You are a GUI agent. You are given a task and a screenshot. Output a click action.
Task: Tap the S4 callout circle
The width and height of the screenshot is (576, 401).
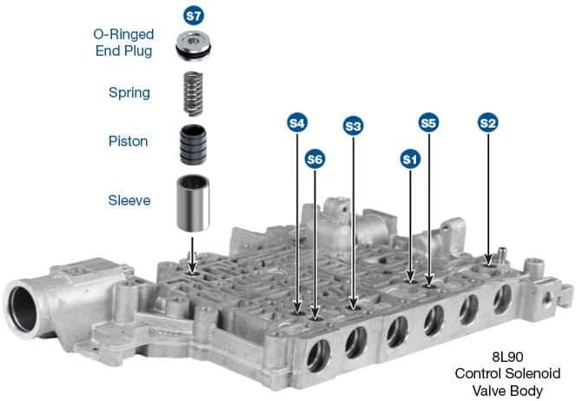(298, 124)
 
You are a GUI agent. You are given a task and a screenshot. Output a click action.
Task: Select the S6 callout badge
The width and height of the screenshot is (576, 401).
(315, 159)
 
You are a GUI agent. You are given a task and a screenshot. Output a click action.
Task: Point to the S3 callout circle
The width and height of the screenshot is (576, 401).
(353, 125)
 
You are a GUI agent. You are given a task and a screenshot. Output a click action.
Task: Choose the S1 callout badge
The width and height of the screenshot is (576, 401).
(410, 159)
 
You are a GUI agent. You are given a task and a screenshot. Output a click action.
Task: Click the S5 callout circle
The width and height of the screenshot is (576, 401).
(427, 124)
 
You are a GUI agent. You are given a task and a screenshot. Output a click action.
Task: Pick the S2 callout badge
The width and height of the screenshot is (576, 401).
(488, 124)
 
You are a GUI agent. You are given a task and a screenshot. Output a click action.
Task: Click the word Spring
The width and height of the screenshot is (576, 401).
(129, 92)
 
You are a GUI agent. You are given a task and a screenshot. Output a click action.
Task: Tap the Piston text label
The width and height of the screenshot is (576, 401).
(128, 141)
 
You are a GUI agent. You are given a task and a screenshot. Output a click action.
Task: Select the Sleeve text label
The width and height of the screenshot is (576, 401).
(128, 200)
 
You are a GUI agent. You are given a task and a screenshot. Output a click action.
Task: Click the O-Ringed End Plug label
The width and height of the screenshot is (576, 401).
(124, 43)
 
